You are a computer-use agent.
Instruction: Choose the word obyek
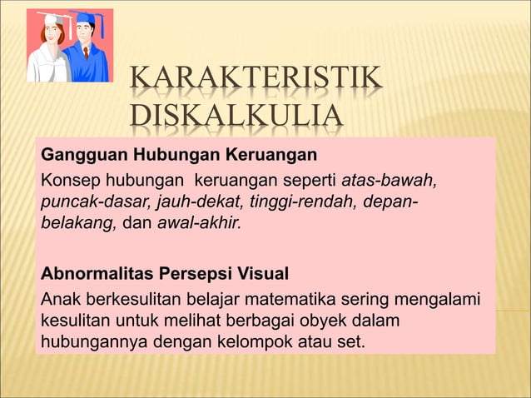299,321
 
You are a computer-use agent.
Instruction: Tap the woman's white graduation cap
51,18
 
